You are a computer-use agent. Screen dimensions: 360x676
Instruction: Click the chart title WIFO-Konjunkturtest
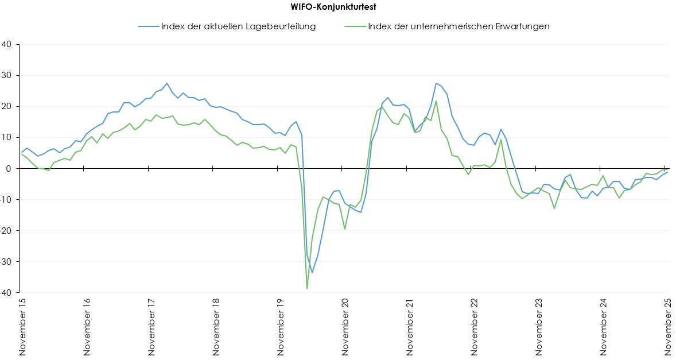(x=338, y=7)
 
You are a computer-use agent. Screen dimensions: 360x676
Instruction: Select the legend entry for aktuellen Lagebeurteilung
(x=238, y=26)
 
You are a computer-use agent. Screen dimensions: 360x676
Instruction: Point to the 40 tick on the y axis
(x=9, y=44)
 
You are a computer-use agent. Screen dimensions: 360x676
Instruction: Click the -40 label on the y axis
(x=7, y=292)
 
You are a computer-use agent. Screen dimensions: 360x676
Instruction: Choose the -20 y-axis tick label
(x=7, y=230)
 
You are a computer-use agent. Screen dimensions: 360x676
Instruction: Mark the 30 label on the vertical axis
(x=9, y=75)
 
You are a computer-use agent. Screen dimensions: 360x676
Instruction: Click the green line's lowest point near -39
(x=307, y=289)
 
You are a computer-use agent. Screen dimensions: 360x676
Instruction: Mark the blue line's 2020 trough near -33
(x=312, y=273)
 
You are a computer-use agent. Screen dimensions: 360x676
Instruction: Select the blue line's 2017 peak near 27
(x=167, y=83)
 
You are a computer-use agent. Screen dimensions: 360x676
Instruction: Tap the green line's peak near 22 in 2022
(x=436, y=101)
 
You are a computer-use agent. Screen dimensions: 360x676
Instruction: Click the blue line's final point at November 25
(x=668, y=172)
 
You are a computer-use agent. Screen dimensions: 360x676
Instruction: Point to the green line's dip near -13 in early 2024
(x=554, y=208)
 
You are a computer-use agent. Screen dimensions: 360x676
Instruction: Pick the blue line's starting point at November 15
(x=22, y=152)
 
